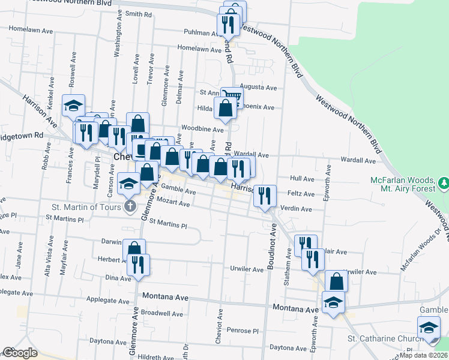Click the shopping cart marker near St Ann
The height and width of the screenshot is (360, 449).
pos(232,96)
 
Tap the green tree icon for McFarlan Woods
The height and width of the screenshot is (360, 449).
pos(443,182)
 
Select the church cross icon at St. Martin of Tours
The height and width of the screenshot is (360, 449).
pos(130,207)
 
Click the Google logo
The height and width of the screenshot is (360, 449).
pos(20,353)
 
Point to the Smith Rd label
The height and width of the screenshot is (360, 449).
pos(137,13)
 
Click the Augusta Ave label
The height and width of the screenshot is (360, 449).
pos(258,88)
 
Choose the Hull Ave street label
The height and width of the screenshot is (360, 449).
pos(302,179)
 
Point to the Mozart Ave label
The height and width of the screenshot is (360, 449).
pos(175,205)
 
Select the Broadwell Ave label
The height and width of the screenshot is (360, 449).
pos(161,313)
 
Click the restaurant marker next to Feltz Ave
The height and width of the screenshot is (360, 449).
pos(265,195)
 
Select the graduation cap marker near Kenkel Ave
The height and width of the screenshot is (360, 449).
pos(73,105)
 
